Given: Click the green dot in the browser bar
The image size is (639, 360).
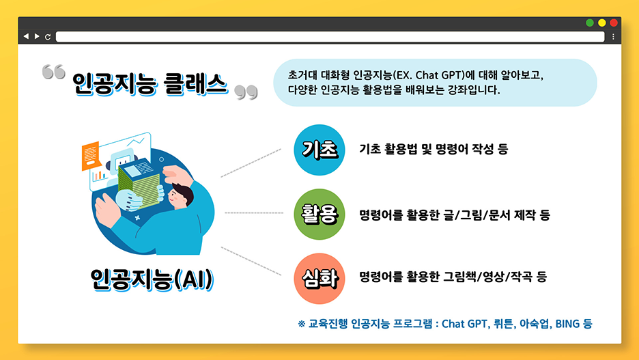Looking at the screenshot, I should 590,23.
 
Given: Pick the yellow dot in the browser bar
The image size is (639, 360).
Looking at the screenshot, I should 601,23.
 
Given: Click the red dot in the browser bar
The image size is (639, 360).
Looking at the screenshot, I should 613,23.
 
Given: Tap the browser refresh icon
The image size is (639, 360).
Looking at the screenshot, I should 48,36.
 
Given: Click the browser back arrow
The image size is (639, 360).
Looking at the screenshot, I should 26,36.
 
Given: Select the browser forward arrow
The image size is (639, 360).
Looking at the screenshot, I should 37,36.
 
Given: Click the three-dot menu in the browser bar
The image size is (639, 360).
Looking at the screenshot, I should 613,36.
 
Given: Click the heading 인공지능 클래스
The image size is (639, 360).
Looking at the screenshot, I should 150,84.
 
